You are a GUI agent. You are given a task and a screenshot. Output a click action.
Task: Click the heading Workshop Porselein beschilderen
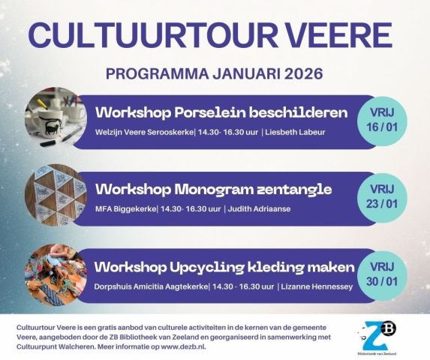[x=221, y=113]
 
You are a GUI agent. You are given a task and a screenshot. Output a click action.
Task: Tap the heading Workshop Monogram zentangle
[x=213, y=187]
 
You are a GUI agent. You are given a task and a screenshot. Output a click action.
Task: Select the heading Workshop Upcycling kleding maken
[x=224, y=267]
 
